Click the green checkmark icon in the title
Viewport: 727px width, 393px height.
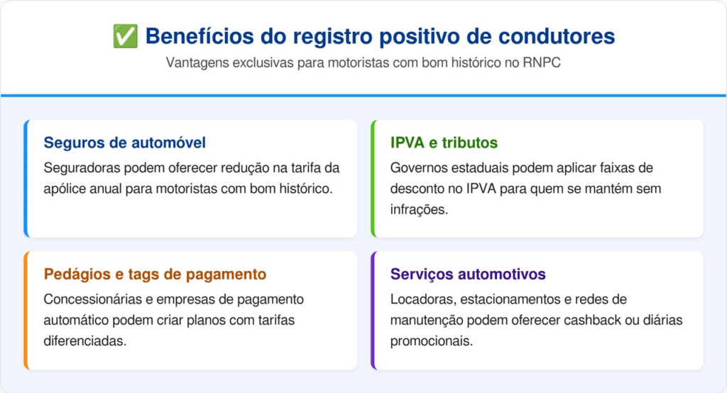point(125,36)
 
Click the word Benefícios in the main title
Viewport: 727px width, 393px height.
point(199,36)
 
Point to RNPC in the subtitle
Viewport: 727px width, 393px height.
point(542,62)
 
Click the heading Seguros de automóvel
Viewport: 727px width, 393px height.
point(125,143)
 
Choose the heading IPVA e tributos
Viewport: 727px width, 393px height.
point(444,143)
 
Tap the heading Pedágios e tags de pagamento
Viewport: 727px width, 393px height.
point(155,275)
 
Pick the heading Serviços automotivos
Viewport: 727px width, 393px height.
point(468,275)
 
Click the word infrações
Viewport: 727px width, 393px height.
point(419,209)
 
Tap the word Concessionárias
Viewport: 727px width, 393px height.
point(92,299)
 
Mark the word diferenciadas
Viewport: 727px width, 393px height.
point(85,341)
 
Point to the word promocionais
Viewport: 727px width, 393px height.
point(425,341)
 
